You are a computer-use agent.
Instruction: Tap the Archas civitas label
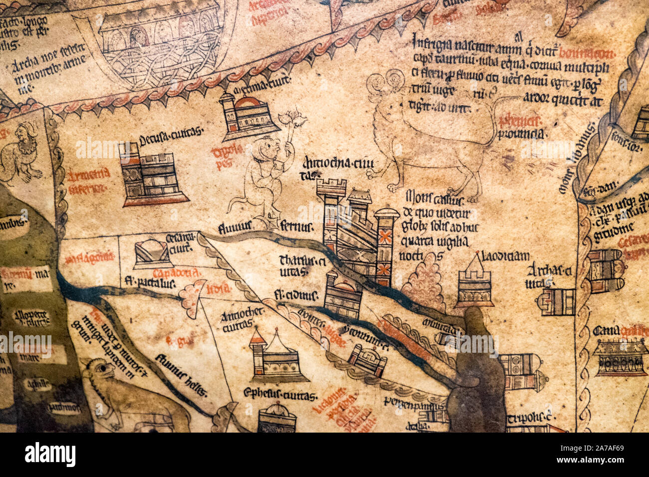click(548, 276)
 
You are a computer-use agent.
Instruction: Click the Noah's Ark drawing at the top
click(155, 45)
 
